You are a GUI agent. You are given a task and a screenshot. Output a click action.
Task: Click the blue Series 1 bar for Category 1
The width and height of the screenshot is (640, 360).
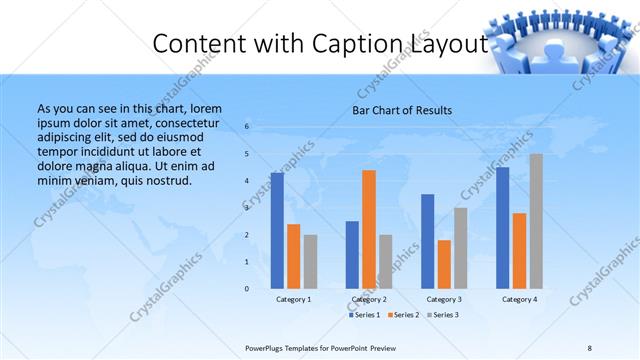pyautogui.click(x=277, y=230)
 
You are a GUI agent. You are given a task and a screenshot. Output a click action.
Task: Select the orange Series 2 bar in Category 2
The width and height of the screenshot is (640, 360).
pyautogui.click(x=369, y=229)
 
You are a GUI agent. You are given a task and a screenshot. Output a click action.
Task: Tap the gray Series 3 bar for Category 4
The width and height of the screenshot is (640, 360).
pyautogui.click(x=536, y=221)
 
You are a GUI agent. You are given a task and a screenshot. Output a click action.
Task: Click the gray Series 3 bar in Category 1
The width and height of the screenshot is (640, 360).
pyautogui.click(x=310, y=261)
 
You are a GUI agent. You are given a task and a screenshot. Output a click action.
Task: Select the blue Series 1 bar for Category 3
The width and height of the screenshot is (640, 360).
pyautogui.click(x=427, y=241)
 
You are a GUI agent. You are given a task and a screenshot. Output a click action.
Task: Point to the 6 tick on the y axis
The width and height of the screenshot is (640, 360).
pyautogui.click(x=247, y=126)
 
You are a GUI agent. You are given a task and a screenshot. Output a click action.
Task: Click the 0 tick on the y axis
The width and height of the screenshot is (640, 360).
pyautogui.click(x=247, y=288)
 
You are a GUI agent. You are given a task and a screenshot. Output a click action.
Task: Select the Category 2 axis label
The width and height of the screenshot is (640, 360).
pyautogui.click(x=369, y=299)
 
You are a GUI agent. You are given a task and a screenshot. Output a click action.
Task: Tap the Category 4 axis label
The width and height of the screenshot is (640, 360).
pyautogui.click(x=519, y=299)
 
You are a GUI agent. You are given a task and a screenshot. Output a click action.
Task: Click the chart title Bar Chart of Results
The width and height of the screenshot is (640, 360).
pyautogui.click(x=402, y=110)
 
